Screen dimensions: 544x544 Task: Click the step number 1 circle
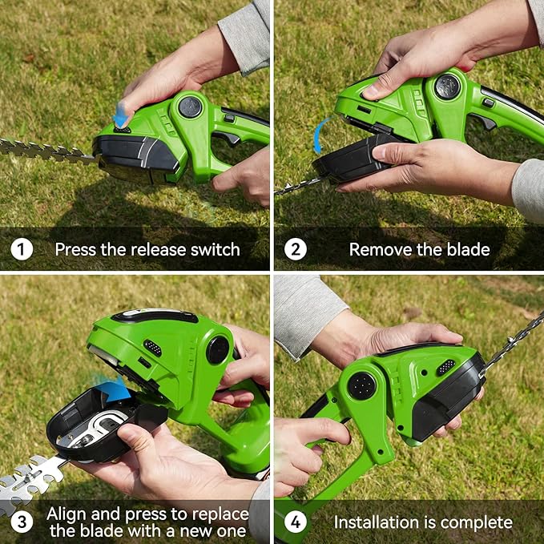pyautogui.click(x=22, y=249)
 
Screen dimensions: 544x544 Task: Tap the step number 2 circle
pyautogui.click(x=296, y=249)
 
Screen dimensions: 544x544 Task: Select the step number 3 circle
pyautogui.click(x=22, y=522)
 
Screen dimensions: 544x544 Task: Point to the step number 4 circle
pyautogui.click(x=296, y=522)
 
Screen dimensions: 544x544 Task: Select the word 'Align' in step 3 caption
pyautogui.click(x=66, y=514)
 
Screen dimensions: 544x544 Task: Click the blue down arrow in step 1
pyautogui.click(x=120, y=117)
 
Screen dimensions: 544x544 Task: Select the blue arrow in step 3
pyautogui.click(x=113, y=389)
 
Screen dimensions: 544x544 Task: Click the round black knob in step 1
pyautogui.click(x=190, y=106)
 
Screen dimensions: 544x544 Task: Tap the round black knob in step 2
pyautogui.click(x=447, y=86)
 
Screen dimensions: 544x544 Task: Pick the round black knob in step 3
pyautogui.click(x=217, y=350)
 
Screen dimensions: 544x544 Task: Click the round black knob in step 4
pyautogui.click(x=361, y=386)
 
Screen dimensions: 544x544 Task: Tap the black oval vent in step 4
pyautogui.click(x=445, y=366)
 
